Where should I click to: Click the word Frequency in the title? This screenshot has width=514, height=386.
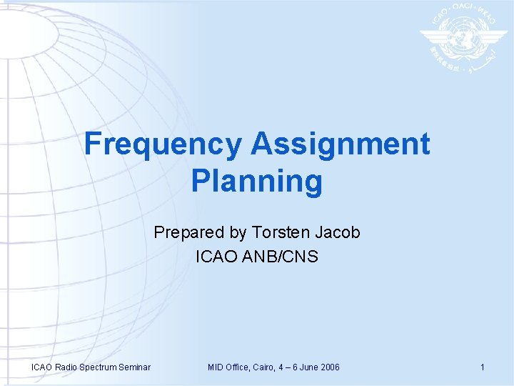click(163, 144)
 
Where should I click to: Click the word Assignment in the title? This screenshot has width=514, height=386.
click(340, 144)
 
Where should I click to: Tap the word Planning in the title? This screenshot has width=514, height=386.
click(257, 182)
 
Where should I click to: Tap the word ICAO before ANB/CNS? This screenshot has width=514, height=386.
click(215, 255)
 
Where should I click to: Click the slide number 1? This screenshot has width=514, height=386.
click(483, 367)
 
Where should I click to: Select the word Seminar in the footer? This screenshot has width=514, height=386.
click(133, 367)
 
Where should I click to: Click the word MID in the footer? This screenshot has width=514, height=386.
click(216, 367)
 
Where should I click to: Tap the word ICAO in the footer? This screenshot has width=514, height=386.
click(42, 367)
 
